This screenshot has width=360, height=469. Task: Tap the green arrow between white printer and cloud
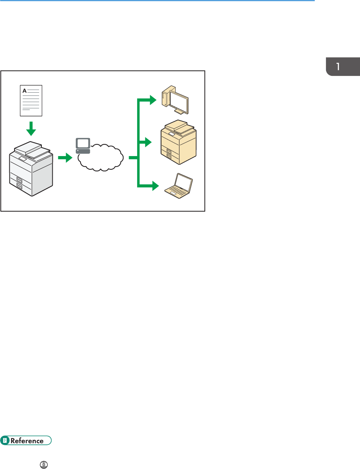(65, 158)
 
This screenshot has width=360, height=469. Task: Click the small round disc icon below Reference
(44, 464)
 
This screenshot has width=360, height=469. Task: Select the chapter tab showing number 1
(343, 66)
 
